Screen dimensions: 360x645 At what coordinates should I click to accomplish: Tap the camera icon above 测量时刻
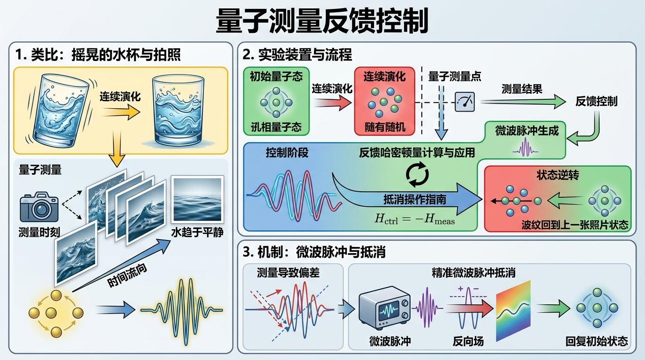click(39, 208)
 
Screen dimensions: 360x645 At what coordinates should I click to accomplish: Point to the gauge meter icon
click(465, 101)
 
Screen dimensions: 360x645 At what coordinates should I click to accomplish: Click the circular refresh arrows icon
click(417, 174)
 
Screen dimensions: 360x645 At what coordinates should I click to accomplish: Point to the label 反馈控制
click(596, 101)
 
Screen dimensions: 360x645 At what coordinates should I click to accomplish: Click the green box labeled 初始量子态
click(276, 100)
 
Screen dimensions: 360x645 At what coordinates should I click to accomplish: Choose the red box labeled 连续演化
click(384, 100)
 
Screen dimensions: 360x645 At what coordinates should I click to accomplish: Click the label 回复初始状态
click(596, 341)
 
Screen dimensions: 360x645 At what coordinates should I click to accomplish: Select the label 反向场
click(468, 341)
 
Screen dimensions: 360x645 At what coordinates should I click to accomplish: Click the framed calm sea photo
click(197, 200)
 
